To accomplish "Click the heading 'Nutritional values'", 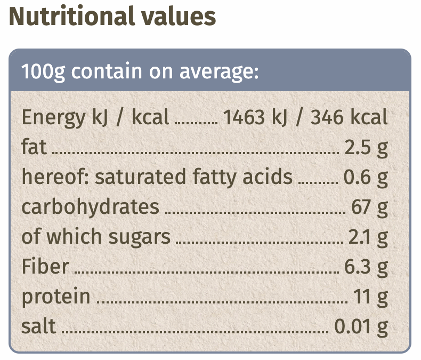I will click(x=112, y=17).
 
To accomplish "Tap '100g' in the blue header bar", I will click(x=43, y=71).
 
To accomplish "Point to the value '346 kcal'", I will click(x=349, y=117).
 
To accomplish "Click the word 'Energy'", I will click(x=51, y=117).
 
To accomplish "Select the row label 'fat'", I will click(x=35, y=147).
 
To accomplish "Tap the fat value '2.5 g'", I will click(x=366, y=147).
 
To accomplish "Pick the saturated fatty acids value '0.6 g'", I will click(x=366, y=177).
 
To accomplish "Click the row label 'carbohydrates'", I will click(x=90, y=206).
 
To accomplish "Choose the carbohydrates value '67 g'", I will click(x=370, y=206).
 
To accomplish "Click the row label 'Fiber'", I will click(x=45, y=266).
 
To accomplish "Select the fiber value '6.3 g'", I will click(x=366, y=266).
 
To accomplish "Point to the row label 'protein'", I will click(x=56, y=297).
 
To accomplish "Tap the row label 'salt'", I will click(x=38, y=325).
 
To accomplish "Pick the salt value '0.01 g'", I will click(x=361, y=326).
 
